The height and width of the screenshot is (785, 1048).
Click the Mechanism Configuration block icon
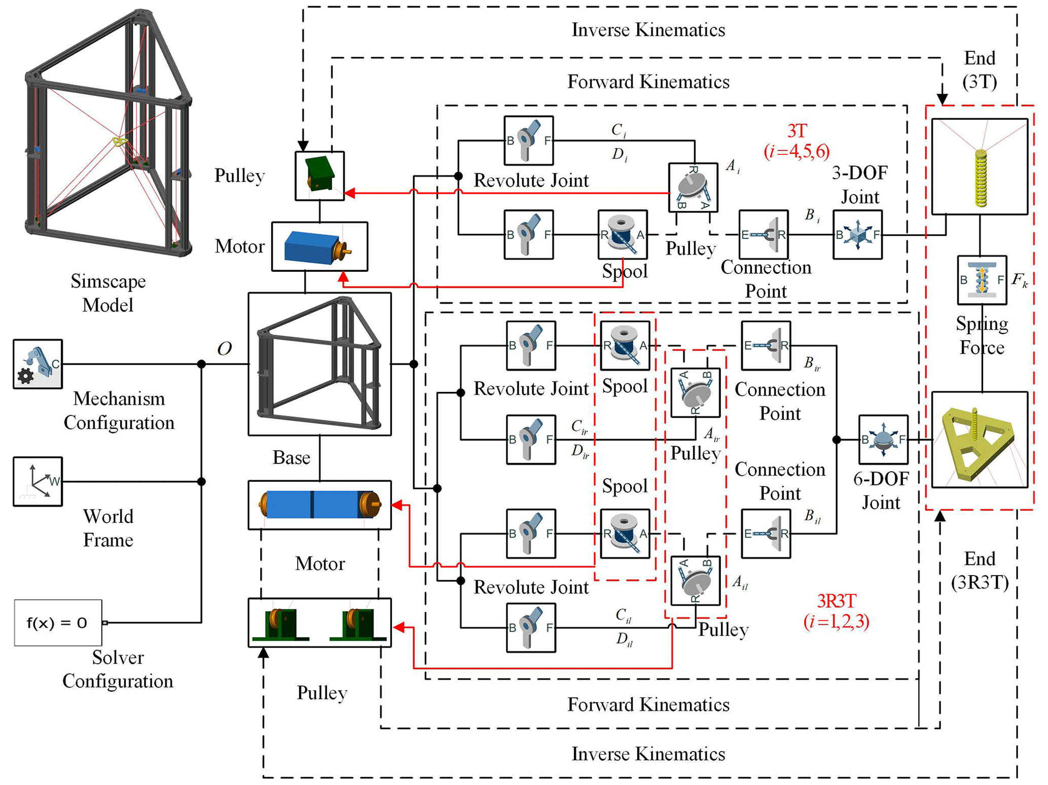click(38, 364)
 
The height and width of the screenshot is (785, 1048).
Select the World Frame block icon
click(38, 481)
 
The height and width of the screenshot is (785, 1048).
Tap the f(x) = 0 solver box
click(58, 623)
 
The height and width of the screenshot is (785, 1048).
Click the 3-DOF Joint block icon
click(857, 235)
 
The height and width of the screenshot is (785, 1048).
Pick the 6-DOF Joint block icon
click(883, 440)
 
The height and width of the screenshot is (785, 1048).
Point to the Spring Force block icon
click(982, 280)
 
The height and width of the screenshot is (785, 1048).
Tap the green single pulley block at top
click(319, 175)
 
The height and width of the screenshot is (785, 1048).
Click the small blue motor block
click(319, 246)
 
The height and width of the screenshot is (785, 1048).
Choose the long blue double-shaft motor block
click(319, 505)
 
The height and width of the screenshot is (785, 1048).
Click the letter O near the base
click(224, 348)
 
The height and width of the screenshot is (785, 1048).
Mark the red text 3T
click(797, 131)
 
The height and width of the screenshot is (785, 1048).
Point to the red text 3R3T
click(837, 601)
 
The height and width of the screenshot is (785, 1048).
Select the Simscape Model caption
click(108, 293)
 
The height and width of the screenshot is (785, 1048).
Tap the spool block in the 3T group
click(623, 235)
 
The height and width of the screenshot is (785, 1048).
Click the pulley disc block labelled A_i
click(693, 187)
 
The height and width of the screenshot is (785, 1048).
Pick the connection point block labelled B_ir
click(766, 346)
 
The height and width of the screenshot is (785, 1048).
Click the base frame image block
click(319, 364)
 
